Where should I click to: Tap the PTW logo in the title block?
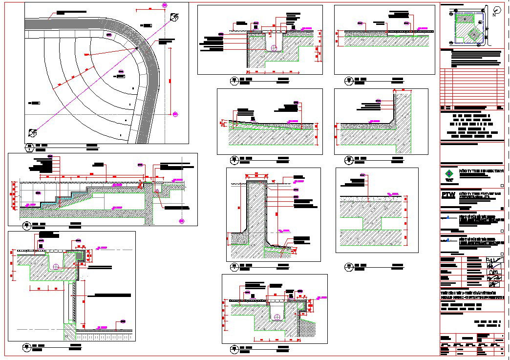pos(447,194)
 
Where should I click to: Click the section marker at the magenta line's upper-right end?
pos(174,17)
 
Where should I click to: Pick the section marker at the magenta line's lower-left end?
pos(33,132)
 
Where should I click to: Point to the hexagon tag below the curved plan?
pos(29,146)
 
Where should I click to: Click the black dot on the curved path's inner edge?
pos(138,48)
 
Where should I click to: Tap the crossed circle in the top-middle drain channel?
pos(274,47)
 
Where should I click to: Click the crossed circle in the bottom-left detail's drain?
pos(57,266)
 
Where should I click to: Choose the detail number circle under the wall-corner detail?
pos(349,159)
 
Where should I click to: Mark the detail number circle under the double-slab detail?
pos(349,266)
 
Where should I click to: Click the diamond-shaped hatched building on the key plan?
pos(473,35)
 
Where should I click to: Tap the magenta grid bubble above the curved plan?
pos(164,5)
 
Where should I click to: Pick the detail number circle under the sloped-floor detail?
pos(233,159)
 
